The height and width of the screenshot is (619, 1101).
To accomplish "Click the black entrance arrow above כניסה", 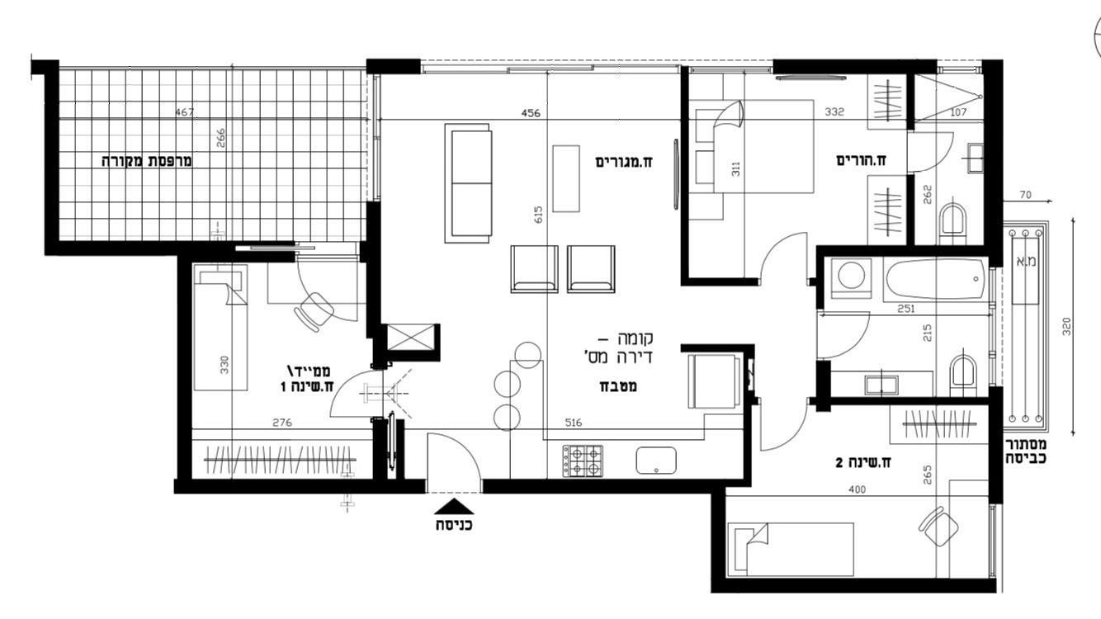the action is tap(454, 507).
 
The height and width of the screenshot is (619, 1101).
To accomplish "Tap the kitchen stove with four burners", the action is tap(583, 461).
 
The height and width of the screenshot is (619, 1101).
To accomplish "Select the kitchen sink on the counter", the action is tap(655, 461).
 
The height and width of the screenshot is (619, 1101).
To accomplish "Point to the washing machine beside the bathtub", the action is tap(851, 278).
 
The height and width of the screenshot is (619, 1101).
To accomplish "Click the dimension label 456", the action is tap(531, 113).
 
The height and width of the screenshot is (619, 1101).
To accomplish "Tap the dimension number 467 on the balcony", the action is tap(184, 112).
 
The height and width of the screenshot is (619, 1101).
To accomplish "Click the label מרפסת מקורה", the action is tap(146, 161).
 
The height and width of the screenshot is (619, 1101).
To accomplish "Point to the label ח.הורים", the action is tap(861, 160).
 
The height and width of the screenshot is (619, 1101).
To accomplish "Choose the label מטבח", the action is tap(618, 386).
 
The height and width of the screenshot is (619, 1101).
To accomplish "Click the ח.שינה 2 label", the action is tap(863, 462).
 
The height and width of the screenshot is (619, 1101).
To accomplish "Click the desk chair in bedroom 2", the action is tap(938, 526).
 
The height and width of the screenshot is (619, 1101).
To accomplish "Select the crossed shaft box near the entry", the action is tap(411, 337).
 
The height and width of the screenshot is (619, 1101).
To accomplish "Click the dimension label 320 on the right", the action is tap(1066, 327).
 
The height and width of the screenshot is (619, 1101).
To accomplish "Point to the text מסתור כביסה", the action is tap(1025, 451).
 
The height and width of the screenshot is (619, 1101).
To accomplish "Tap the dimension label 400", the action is tap(857, 489).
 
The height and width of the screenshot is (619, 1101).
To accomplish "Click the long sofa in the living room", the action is tap(468, 183).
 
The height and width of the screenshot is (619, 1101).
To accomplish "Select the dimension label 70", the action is tap(1025, 195).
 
